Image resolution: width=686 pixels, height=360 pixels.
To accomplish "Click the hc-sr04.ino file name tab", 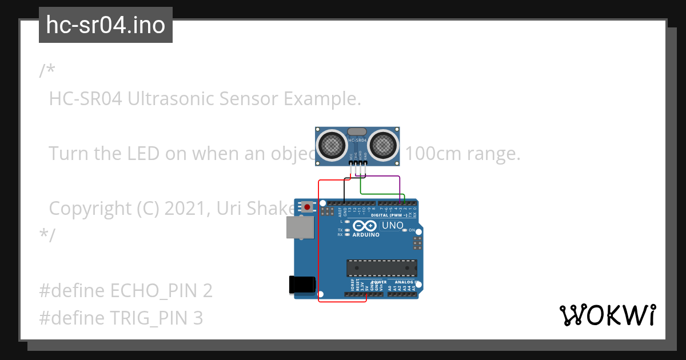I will [x=106, y=25].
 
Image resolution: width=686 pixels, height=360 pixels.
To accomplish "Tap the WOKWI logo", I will [x=607, y=315].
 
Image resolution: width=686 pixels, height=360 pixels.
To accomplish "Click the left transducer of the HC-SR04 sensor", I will [x=331, y=145].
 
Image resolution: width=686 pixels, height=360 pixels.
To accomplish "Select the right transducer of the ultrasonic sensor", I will [x=384, y=145].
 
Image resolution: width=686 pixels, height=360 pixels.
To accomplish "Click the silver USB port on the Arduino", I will [x=300, y=227].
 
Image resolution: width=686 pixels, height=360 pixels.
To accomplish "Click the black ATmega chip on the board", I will [x=381, y=267].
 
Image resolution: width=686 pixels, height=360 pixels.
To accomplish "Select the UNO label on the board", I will [x=392, y=226].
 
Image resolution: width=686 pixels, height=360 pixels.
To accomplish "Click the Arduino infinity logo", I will [x=365, y=226].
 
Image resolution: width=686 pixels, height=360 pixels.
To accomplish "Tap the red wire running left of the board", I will [x=318, y=240].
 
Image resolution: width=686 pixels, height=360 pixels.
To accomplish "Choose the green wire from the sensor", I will [x=380, y=194].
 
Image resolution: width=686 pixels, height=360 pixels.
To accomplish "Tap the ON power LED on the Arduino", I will [x=406, y=230].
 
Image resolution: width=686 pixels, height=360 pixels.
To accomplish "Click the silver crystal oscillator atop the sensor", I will [x=357, y=131].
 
